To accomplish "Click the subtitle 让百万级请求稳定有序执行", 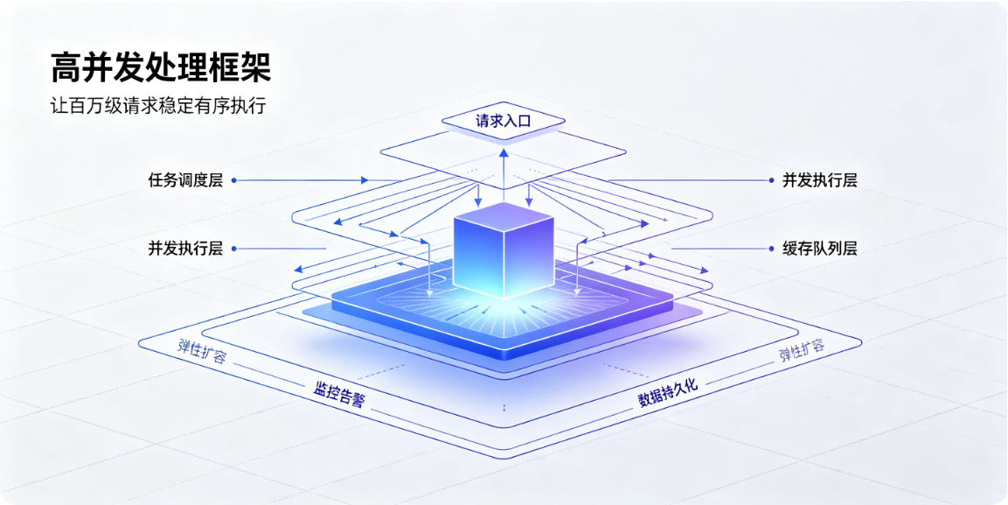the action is pyautogui.click(x=158, y=106).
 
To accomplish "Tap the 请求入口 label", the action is pyautogui.click(x=504, y=120).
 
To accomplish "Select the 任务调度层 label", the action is pyautogui.click(x=185, y=181).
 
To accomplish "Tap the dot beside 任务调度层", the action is pyautogui.click(x=233, y=181).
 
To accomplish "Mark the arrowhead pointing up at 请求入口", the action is pyautogui.click(x=504, y=151).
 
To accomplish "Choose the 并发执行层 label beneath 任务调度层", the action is pyautogui.click(x=185, y=249).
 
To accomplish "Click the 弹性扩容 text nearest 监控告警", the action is pyautogui.click(x=202, y=353).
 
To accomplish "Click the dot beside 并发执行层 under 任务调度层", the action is pyautogui.click(x=233, y=249).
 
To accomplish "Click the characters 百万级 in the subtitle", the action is pyautogui.click(x=96, y=106).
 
